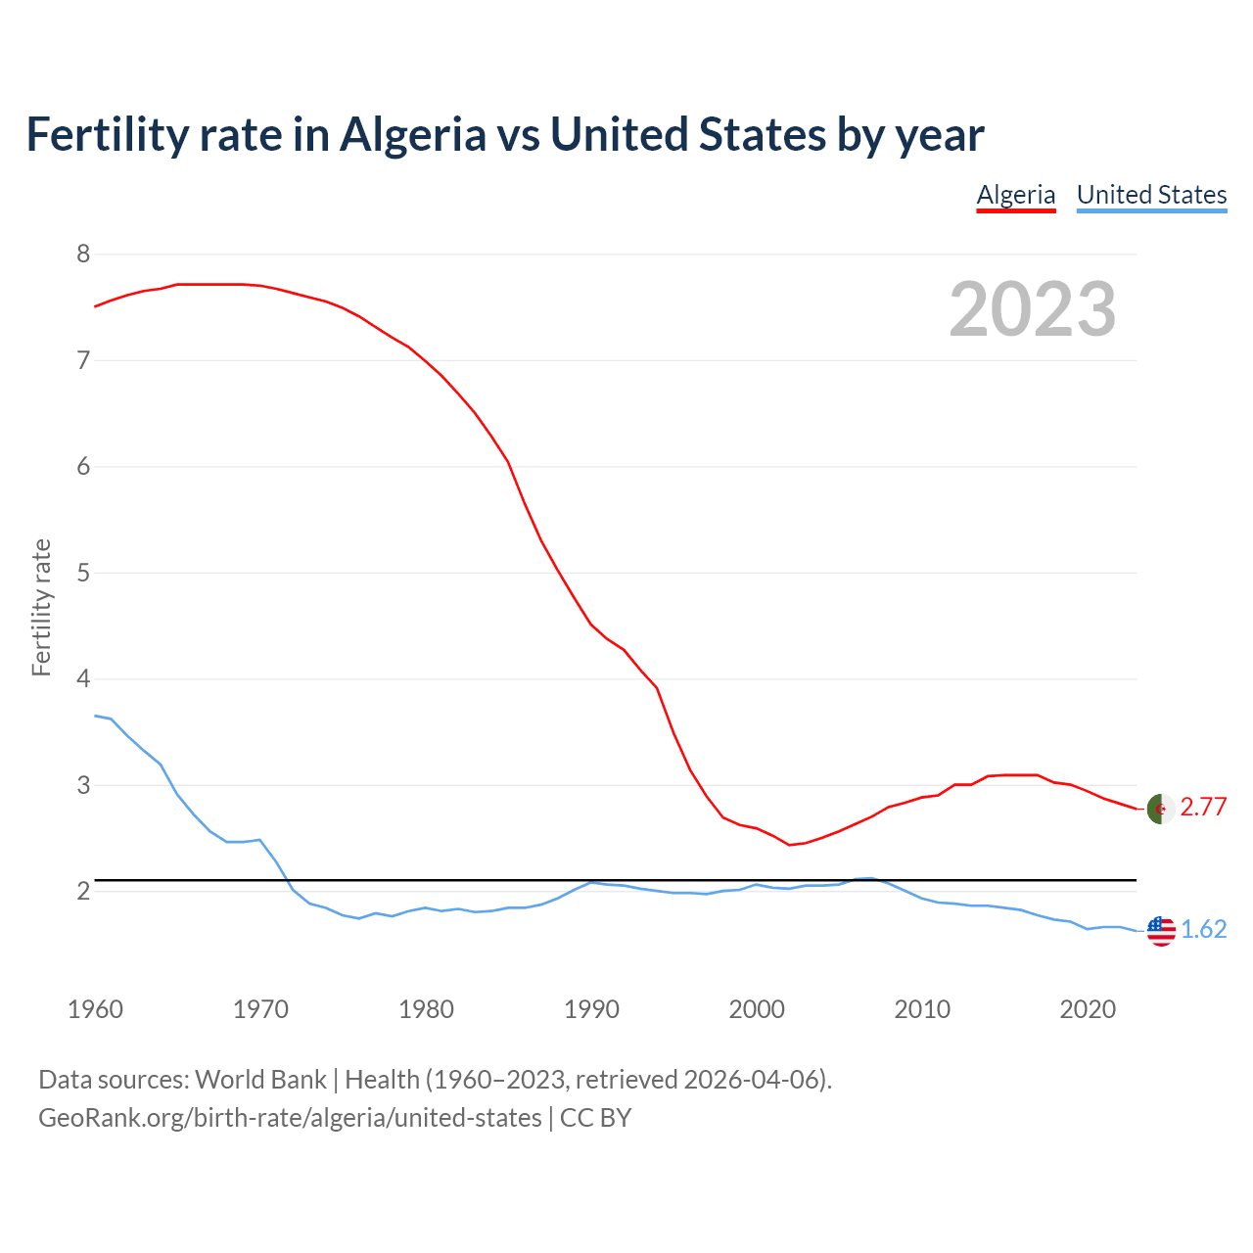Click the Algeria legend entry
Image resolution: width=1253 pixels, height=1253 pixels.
point(1016,195)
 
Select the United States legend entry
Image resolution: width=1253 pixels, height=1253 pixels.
point(1151,195)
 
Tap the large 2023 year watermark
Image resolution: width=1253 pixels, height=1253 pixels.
point(1033,309)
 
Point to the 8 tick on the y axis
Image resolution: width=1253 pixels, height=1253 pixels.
point(83,255)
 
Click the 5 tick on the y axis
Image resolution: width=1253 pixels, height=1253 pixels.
point(83,573)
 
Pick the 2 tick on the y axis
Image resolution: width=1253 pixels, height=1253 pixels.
point(83,891)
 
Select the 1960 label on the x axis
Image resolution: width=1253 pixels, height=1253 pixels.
point(95,1009)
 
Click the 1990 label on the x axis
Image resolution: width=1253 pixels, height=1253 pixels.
point(591,1009)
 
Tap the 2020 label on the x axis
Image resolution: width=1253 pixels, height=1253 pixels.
point(1088,1009)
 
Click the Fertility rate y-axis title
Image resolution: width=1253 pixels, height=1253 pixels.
point(41,607)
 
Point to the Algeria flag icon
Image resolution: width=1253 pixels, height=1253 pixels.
point(1161,809)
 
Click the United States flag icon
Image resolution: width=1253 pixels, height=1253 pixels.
point(1161,931)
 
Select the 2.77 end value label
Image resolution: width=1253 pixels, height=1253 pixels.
point(1203,807)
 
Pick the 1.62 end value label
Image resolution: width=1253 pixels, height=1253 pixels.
point(1203,929)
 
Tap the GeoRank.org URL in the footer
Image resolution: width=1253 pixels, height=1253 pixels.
point(290,1118)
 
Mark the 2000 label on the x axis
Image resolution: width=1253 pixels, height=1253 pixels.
point(757,1009)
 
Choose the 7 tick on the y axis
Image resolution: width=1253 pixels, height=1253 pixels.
point(83,360)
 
